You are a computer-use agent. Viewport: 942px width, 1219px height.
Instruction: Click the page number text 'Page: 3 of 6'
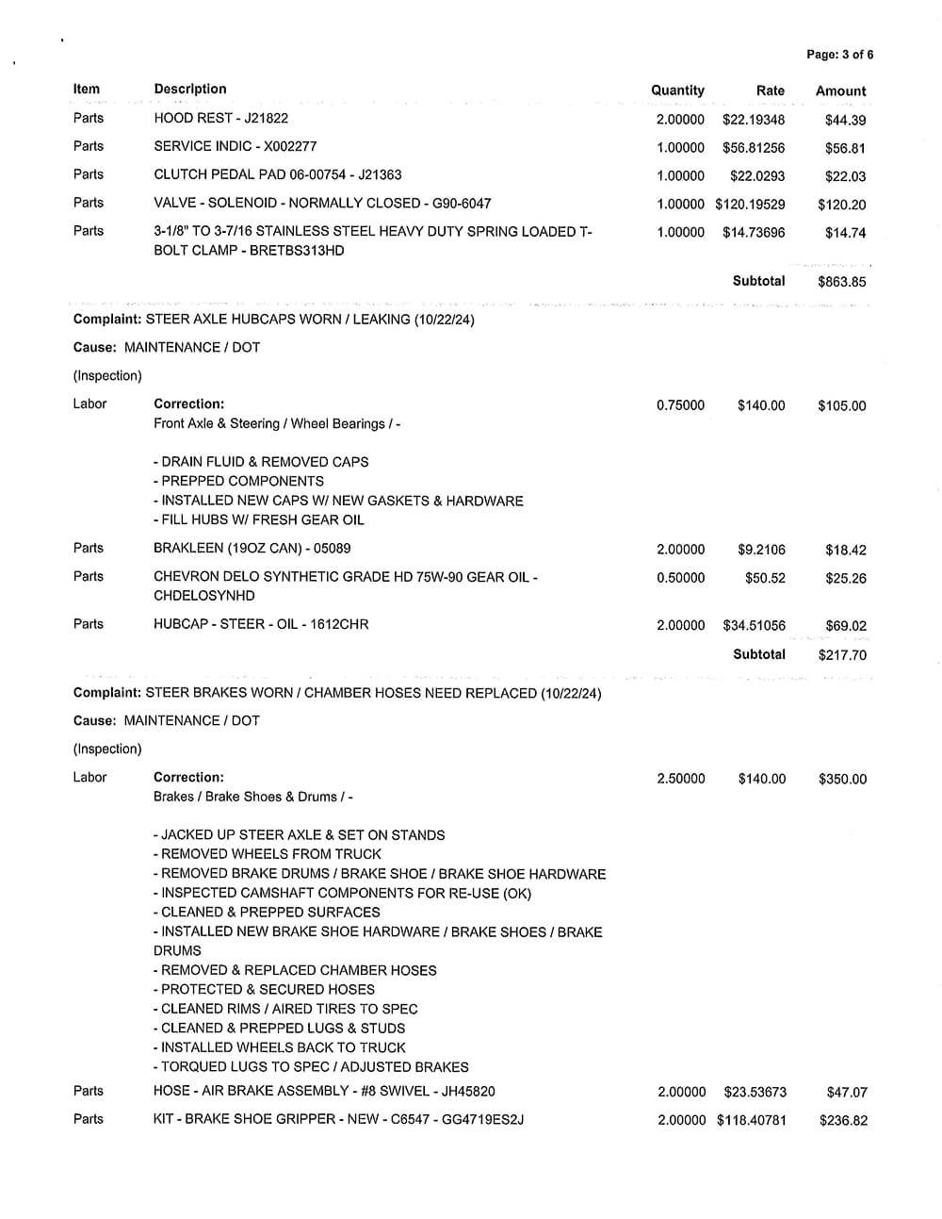839,55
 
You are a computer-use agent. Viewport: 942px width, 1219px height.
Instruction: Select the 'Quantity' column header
677,91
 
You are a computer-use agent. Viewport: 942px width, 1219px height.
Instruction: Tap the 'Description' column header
190,90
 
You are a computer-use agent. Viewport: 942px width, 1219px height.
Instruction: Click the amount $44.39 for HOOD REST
845,121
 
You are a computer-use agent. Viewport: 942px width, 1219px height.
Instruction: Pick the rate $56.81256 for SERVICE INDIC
754,148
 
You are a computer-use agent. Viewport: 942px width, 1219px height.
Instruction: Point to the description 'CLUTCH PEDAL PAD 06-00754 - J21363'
277,174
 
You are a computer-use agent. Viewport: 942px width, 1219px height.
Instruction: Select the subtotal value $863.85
841,282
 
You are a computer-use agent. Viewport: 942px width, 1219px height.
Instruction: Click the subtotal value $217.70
842,655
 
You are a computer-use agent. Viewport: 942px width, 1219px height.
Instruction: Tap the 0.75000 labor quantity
680,405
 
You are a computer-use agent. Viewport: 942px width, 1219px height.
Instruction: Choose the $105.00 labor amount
841,406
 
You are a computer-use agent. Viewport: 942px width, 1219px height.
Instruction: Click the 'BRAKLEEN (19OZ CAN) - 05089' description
252,548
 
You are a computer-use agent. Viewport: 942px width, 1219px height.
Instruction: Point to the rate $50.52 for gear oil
765,578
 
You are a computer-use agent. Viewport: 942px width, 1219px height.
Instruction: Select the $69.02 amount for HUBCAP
845,626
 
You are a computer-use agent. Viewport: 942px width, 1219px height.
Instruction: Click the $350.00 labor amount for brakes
842,780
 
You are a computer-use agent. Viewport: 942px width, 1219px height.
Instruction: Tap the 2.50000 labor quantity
681,779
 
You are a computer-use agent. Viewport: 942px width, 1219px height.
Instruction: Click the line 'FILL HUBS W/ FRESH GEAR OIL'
259,519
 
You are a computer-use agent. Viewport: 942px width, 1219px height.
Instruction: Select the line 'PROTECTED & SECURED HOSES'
264,989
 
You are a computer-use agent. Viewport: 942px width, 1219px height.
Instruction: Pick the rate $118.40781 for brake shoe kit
751,1121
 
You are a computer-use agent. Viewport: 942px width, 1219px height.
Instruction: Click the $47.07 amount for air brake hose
846,1093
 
